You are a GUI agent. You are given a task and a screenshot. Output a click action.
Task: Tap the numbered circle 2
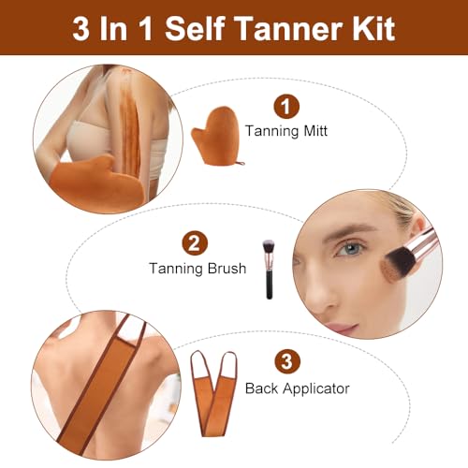[194, 243]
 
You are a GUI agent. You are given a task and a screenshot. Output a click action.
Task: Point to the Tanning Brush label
[197, 269]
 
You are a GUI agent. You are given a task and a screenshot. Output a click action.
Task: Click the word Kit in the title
[369, 27]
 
